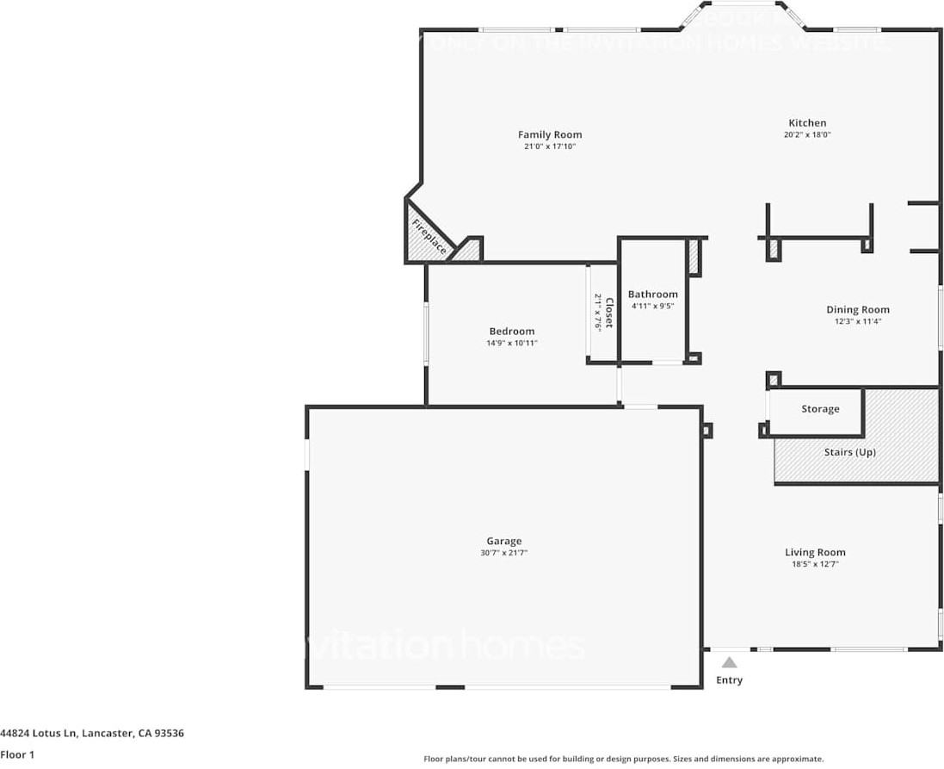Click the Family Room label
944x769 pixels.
[x=549, y=134]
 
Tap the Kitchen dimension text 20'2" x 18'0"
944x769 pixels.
[x=806, y=135]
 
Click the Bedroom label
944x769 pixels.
[x=511, y=331]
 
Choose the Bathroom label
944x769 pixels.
[x=652, y=294]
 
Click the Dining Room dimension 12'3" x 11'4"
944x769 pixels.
[x=857, y=321]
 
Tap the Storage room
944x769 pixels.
[x=819, y=409]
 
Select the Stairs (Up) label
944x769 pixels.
[x=849, y=452]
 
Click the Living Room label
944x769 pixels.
[x=814, y=552]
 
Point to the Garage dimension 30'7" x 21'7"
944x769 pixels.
[x=503, y=553]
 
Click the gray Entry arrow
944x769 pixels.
[x=729, y=662]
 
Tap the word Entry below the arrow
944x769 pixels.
[x=729, y=680]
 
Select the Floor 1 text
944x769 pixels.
[x=18, y=755]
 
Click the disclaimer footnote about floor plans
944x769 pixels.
[x=623, y=759]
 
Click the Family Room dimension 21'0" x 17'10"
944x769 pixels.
[x=549, y=146]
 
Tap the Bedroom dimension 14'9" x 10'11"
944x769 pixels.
[x=511, y=343]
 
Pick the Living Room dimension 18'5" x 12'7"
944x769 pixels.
[x=814, y=564]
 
